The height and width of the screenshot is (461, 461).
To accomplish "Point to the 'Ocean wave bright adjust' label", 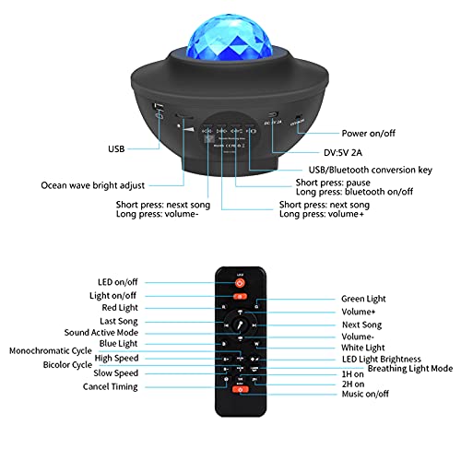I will [x=95, y=184].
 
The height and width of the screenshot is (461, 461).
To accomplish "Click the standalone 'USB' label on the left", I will [x=116, y=148].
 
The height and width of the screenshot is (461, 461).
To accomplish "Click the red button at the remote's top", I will [x=240, y=282].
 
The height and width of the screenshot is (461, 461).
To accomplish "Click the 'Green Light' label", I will [x=362, y=299].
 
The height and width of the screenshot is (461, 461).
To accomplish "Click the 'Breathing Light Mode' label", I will [x=410, y=368].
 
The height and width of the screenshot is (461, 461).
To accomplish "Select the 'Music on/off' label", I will [x=365, y=394].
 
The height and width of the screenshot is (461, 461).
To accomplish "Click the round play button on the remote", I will [x=241, y=325].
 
